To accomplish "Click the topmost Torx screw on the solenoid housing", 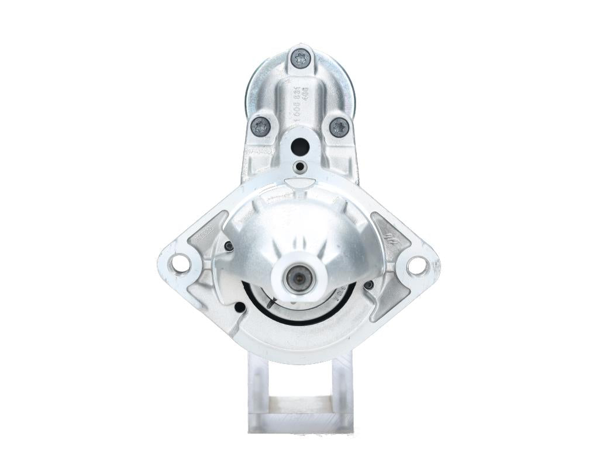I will pyautogui.click(x=301, y=58).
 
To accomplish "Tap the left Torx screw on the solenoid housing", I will pyautogui.click(x=260, y=126).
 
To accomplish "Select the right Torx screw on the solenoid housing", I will pyautogui.click(x=339, y=127).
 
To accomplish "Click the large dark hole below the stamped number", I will pyautogui.click(x=299, y=147).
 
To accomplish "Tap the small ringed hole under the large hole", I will pyautogui.click(x=300, y=167).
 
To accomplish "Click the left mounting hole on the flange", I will pyautogui.click(x=180, y=264).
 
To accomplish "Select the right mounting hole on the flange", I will pyautogui.click(x=417, y=265).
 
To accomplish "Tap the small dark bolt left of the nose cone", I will pyautogui.click(x=229, y=247).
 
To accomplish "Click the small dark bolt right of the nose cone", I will pyautogui.click(x=369, y=285).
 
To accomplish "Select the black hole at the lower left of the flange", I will pyautogui.click(x=239, y=307).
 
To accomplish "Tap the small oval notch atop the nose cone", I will pyautogui.click(x=299, y=183).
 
